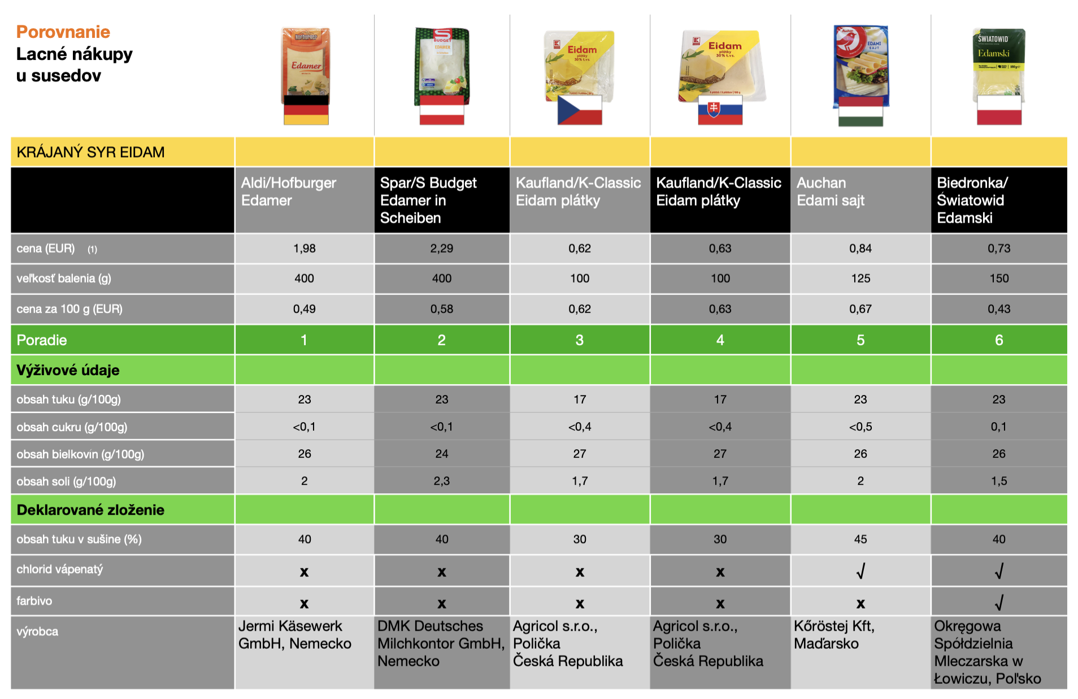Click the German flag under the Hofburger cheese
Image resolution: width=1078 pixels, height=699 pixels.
pyautogui.click(x=306, y=110)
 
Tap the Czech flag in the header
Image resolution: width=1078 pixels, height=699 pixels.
pyautogui.click(x=580, y=110)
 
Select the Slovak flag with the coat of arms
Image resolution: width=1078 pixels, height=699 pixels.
pyautogui.click(x=720, y=110)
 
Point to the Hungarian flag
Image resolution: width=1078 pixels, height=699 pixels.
pyautogui.click(x=860, y=111)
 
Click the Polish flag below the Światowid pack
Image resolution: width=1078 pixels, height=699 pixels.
pyautogui.click(x=999, y=110)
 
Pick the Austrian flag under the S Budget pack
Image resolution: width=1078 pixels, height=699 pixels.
pyautogui.click(x=442, y=110)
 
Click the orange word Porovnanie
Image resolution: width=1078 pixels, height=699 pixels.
pyautogui.click(x=63, y=32)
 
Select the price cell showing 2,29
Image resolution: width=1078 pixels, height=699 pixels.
pyautogui.click(x=442, y=249)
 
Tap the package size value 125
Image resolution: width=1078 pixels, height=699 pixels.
pyautogui.click(x=860, y=279)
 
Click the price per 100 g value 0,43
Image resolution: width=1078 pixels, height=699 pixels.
pyautogui.click(x=999, y=309)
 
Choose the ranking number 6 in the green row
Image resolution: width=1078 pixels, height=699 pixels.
pyautogui.click(x=999, y=340)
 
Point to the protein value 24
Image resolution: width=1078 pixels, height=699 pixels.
pyautogui.click(x=442, y=454)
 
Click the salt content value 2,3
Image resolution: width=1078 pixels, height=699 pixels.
pyautogui.click(x=442, y=481)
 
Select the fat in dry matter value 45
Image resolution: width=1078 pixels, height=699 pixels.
pyautogui.click(x=860, y=540)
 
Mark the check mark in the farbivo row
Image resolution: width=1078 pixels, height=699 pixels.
pyautogui.click(x=999, y=603)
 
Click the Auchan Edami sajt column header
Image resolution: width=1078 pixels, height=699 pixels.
pyautogui.click(x=831, y=192)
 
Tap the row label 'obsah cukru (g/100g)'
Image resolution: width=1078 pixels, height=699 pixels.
pyautogui.click(x=72, y=427)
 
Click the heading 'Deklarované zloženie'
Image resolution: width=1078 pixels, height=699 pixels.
pyautogui.click(x=90, y=510)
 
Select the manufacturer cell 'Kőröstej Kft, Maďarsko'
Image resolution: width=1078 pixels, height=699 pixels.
pyautogui.click(x=834, y=635)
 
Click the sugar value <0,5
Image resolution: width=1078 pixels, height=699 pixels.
pyautogui.click(x=860, y=427)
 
